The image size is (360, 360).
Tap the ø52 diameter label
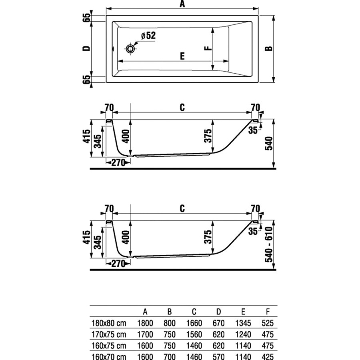[147, 36]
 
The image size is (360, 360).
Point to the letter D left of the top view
[85, 48]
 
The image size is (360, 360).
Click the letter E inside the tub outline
[182, 56]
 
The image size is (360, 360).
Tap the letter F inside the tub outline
[207, 48]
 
